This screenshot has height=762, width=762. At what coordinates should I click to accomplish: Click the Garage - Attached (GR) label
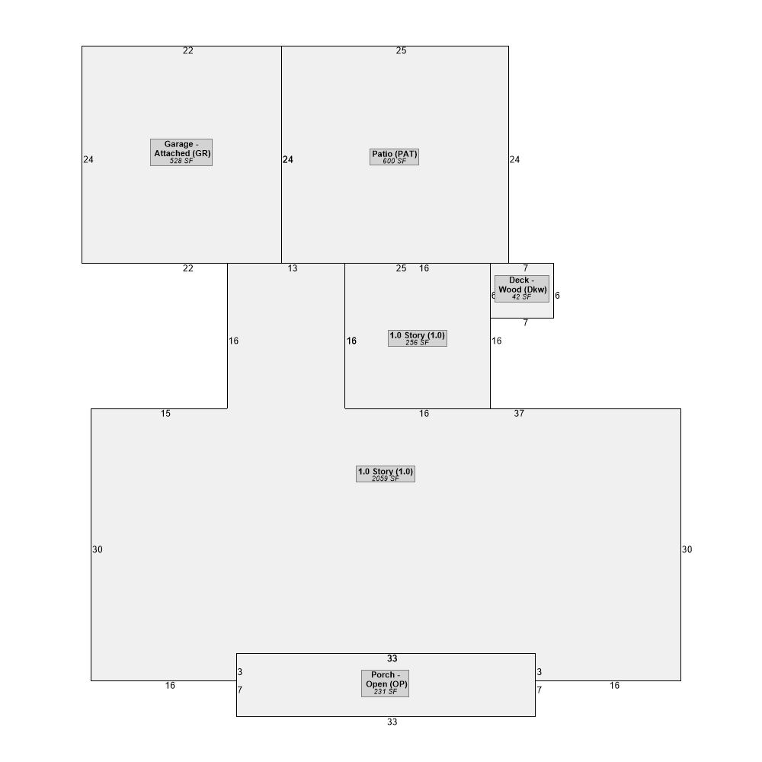pos(181,152)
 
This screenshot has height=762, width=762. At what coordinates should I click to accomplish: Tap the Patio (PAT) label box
pos(394,156)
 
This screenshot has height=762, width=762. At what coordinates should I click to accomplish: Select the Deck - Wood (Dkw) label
pos(522,288)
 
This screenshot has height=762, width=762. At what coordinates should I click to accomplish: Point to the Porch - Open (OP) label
pos(386,684)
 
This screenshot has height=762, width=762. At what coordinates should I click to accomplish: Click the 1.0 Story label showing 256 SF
pos(418,338)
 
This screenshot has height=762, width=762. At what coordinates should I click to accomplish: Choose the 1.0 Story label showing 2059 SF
pos(386,474)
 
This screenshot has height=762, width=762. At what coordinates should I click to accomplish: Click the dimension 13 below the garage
pos(293,268)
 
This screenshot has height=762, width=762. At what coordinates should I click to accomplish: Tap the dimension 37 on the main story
pos(519,414)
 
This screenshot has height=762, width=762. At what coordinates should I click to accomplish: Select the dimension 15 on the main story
pos(165,414)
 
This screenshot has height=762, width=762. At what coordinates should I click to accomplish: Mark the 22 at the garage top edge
pos(188,50)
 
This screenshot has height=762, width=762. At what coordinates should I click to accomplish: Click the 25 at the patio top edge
pos(401,50)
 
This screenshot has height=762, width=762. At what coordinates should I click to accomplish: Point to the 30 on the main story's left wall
pos(98,549)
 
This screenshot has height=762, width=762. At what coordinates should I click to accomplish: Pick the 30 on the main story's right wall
pos(687,549)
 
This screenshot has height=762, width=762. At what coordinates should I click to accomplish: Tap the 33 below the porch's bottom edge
pos(392,722)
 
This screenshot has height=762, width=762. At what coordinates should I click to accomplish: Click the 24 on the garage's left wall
pos(88,159)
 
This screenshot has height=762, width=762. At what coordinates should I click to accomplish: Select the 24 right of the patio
pos(514,159)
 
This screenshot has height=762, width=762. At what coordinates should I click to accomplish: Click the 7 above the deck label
pos(525,268)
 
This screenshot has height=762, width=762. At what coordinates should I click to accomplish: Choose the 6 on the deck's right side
pos(558,296)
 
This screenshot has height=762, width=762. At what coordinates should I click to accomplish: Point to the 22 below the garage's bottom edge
pos(188,268)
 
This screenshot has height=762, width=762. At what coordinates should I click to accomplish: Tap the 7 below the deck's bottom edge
pos(525,322)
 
